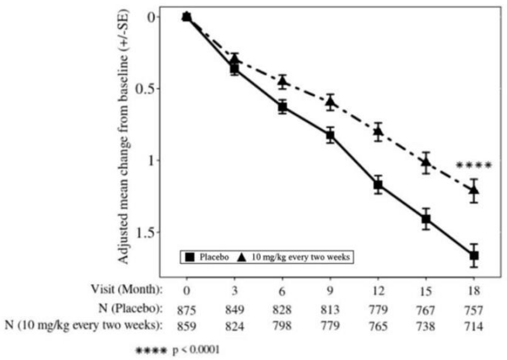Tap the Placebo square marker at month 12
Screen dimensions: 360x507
(x=378, y=185)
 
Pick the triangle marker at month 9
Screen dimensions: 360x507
(x=331, y=102)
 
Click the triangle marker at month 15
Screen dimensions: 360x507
(x=426, y=162)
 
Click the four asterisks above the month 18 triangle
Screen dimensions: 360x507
(x=473, y=166)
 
